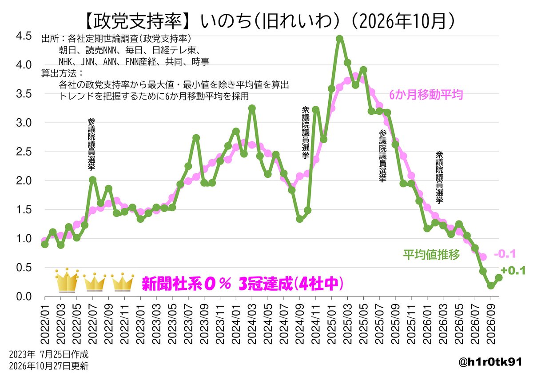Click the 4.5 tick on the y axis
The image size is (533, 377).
24,36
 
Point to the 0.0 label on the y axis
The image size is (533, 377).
24,297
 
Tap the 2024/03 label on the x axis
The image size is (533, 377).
252,324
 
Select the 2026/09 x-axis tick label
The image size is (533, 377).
491,324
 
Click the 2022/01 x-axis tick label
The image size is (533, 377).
45,324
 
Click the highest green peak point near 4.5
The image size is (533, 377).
340,39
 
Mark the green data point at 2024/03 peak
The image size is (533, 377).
252,108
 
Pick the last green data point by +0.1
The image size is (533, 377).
499,278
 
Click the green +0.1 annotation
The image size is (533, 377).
513,271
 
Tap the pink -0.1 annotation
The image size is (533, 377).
505,254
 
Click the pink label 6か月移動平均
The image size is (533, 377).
426,95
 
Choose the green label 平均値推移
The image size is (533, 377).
431,255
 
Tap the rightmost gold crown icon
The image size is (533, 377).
123,282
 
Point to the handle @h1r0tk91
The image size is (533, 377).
490,362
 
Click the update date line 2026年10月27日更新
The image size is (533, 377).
49,366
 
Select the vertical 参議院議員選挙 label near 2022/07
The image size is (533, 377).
91,144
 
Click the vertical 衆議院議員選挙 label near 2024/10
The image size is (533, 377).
306,132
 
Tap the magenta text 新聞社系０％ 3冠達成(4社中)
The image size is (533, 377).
243,283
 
